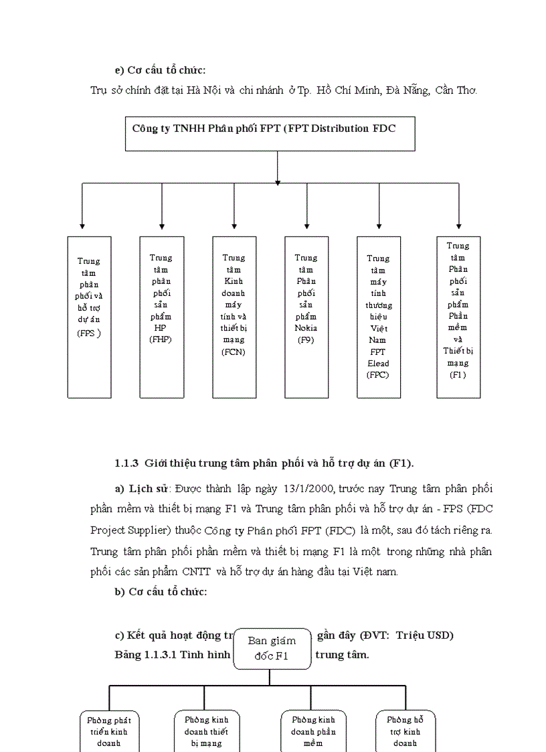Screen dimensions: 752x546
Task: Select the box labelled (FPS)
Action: coord(89,317)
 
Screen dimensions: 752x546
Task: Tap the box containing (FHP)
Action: coord(161,317)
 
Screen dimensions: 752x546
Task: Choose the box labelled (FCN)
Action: coord(234,317)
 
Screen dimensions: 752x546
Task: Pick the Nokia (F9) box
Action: coord(306,317)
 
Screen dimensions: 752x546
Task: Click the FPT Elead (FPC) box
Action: coord(378,317)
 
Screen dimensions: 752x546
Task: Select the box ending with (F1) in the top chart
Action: coord(458,317)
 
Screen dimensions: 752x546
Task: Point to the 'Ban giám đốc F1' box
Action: coord(272,648)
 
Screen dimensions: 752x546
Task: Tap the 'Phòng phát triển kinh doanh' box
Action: coord(108,731)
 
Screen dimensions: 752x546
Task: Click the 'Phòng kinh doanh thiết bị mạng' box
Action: coord(206,731)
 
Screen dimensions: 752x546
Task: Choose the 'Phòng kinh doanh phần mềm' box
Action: coord(313,731)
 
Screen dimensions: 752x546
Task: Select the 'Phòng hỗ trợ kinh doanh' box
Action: coord(405,731)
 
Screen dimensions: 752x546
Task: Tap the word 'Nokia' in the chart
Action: coord(306,328)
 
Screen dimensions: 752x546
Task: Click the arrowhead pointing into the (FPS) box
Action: coord(82,226)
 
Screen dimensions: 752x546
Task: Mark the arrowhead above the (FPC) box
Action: coord(379,226)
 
